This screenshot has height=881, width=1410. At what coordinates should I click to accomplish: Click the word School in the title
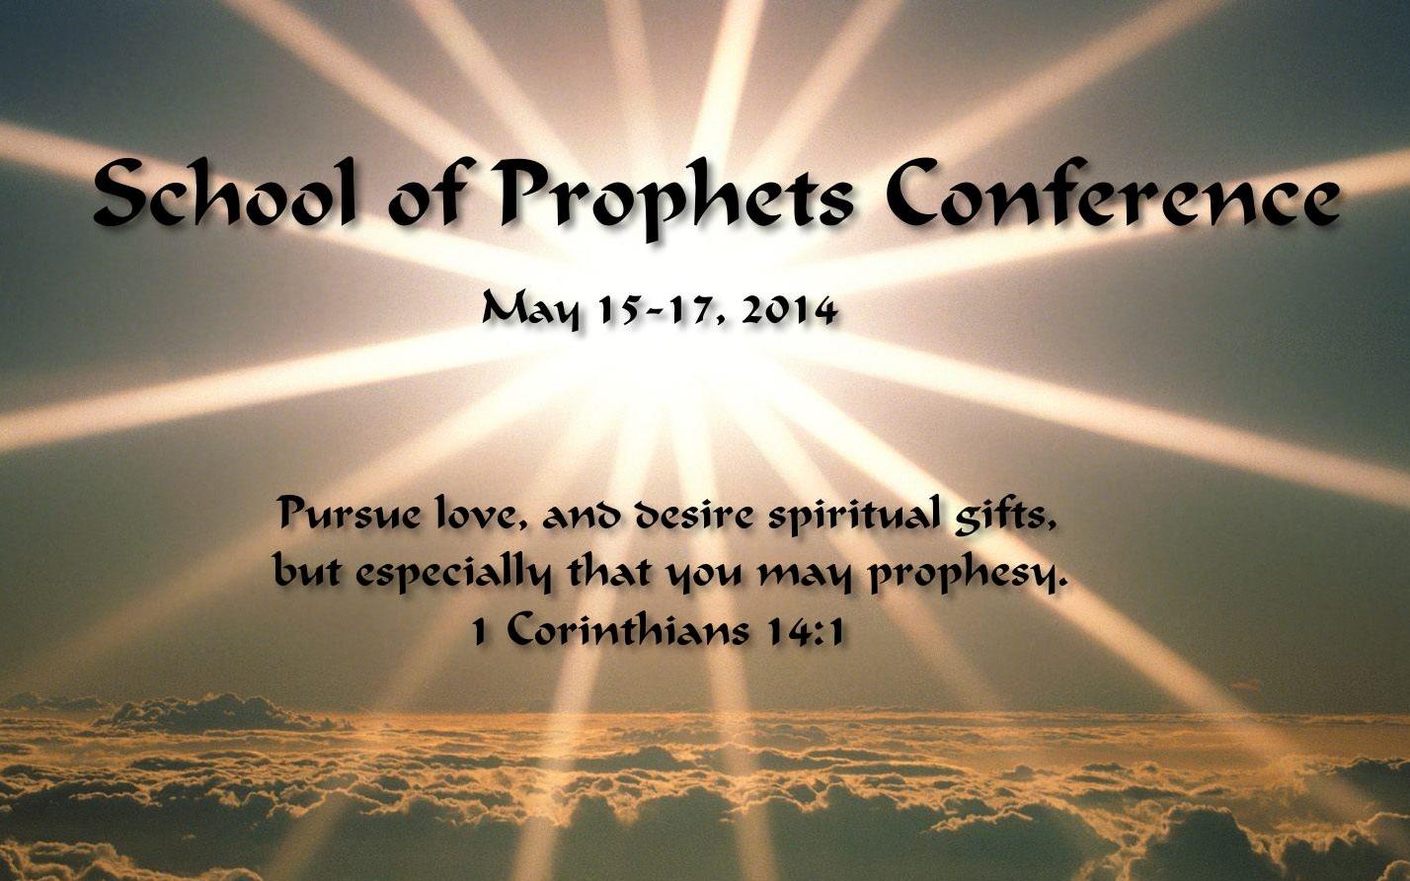point(225,192)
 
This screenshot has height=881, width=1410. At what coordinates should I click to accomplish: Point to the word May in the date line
point(530,312)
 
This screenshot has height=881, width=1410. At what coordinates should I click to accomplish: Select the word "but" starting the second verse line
point(308,571)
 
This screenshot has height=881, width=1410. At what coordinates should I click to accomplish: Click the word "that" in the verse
point(608,571)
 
